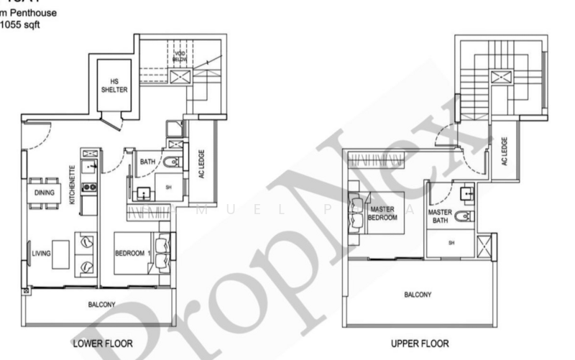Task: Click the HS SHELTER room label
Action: click(119, 86)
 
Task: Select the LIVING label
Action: click(41, 252)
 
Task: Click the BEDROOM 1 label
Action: click(132, 253)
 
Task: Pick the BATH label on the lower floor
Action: click(148, 162)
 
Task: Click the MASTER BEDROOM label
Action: click(382, 212)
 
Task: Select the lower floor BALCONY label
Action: click(101, 305)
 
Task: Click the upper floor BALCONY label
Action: click(418, 295)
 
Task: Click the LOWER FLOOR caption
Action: click(102, 343)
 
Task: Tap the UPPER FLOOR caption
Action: click(420, 343)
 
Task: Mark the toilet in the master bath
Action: click(466, 216)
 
